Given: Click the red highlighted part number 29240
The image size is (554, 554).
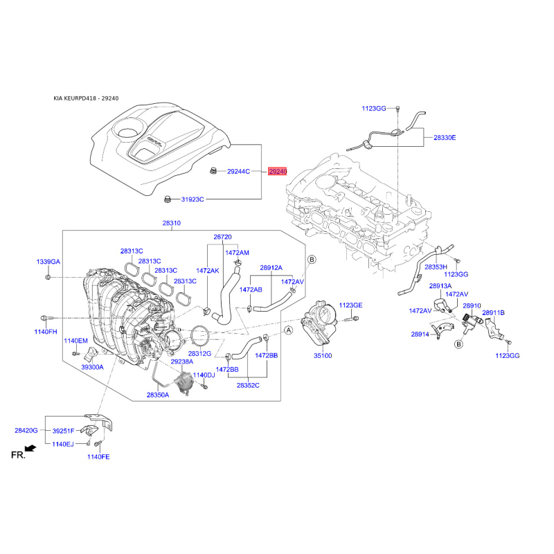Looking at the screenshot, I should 277,171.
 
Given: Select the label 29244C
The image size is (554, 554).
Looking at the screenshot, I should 239,171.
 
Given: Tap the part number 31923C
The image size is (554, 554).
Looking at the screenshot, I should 193,199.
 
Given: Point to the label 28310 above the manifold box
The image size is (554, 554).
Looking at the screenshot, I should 172,223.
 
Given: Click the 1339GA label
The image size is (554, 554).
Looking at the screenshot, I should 48,262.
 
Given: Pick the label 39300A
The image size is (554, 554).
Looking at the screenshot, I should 92,367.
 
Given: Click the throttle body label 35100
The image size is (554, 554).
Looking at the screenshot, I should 323,355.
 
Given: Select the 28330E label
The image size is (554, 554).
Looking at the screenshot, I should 445,138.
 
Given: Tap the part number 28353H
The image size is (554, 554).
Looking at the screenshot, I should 436,267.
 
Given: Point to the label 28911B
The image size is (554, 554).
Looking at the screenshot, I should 494,313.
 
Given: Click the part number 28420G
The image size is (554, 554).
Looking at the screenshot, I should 26,430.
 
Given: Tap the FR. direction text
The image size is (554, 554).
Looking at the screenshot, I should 18,454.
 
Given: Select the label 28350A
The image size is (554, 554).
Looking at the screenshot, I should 158,395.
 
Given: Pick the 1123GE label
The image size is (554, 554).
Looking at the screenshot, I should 351,305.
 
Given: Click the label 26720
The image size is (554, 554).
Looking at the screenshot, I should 222,237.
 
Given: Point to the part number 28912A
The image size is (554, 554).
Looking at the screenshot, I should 271,267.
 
